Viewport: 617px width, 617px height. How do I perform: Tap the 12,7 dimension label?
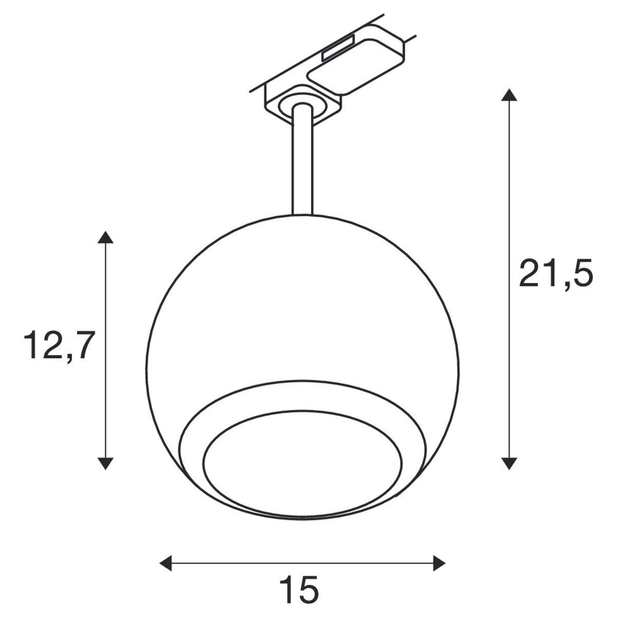60,345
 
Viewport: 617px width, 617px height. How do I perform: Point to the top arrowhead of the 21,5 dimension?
509,96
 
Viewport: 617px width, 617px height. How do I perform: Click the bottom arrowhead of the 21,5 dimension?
509,462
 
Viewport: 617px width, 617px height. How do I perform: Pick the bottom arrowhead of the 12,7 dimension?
105,462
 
